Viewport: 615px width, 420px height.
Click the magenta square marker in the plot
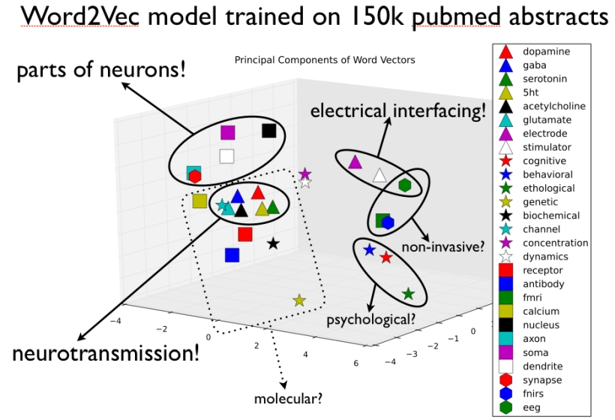point(227,132)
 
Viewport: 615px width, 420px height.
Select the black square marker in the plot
point(269,131)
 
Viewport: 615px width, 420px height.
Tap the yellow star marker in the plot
point(299,301)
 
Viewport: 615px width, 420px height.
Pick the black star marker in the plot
point(273,243)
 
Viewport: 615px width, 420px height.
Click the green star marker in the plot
point(408,294)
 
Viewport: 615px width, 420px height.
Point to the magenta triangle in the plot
point(355,162)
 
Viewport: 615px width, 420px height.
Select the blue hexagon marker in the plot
point(388,222)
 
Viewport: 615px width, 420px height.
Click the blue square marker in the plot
point(232,255)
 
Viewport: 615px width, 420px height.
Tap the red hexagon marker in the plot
point(195,177)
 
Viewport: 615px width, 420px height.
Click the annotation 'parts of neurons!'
point(101,70)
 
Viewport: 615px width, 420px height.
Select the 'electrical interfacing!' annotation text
point(398,110)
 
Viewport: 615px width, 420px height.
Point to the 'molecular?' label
point(288,399)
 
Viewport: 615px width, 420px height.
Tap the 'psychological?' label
point(370,319)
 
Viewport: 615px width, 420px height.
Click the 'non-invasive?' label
point(443,247)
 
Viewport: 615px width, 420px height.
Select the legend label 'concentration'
point(556,243)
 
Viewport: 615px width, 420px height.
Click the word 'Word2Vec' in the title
point(79,17)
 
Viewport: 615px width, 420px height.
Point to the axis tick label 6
point(355,363)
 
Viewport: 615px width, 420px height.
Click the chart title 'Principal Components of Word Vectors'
point(325,60)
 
